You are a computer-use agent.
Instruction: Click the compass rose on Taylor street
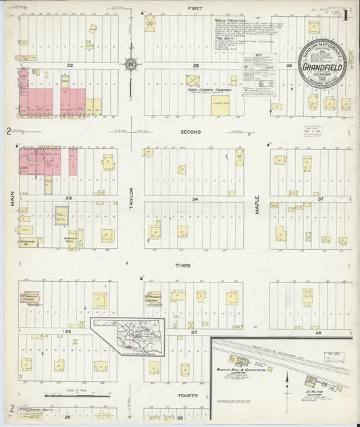pyautogui.click(x=131, y=65)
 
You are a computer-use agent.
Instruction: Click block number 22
pyautogui.click(x=69, y=66)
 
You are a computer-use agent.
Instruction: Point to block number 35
pyautogui.click(x=196, y=66)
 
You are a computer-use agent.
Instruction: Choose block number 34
pyautogui.click(x=196, y=199)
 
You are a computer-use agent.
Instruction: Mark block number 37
pyautogui.click(x=321, y=199)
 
